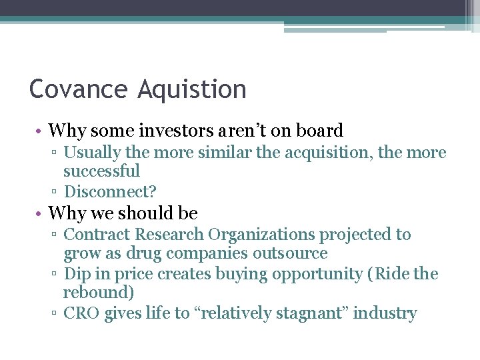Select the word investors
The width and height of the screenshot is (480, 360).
pos(174,130)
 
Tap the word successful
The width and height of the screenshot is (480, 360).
pos(101,171)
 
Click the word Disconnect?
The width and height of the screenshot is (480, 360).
pos(110,192)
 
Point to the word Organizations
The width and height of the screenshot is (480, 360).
pos(263,235)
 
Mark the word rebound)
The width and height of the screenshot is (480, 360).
pos(96,293)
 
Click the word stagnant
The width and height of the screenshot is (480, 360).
pos(311,313)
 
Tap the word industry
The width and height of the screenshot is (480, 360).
pos(385,313)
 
